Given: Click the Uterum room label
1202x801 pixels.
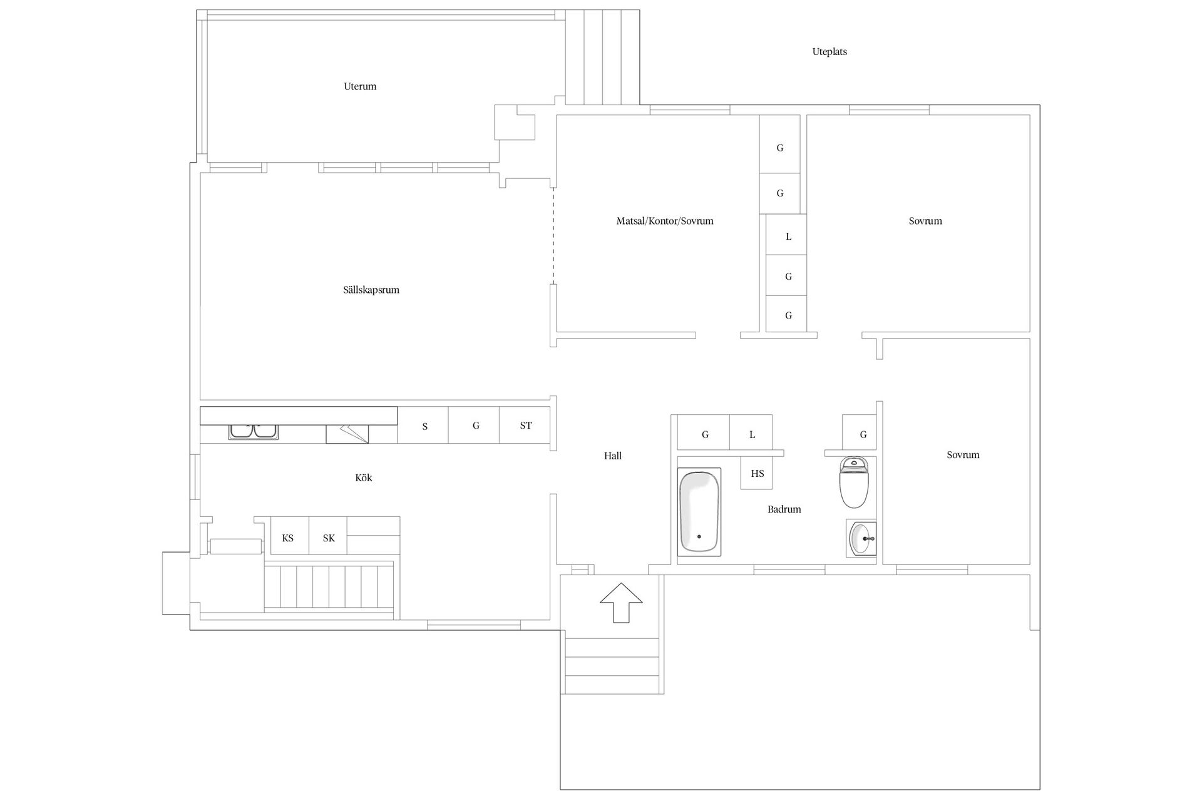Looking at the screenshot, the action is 360,86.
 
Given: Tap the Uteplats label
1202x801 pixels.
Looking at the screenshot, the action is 830,52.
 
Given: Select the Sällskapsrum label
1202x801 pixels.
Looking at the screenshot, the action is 371,290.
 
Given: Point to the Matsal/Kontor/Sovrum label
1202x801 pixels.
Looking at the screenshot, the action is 665,221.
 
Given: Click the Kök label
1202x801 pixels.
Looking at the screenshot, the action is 364,477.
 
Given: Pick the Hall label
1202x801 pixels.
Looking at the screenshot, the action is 613,456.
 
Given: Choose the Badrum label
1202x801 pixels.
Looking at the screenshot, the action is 784,509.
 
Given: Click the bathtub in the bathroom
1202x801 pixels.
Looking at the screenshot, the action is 699,512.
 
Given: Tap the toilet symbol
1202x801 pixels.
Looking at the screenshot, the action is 853,482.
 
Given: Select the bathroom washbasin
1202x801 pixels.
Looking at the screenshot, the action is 862,538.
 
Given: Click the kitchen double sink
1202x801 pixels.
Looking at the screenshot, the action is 254,431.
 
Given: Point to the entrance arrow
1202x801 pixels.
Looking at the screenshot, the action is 621,603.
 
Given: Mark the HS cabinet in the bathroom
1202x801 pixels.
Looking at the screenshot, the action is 757,473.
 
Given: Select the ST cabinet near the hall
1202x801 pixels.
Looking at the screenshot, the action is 525,426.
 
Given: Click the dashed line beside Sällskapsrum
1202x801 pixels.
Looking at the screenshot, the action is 553,236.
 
